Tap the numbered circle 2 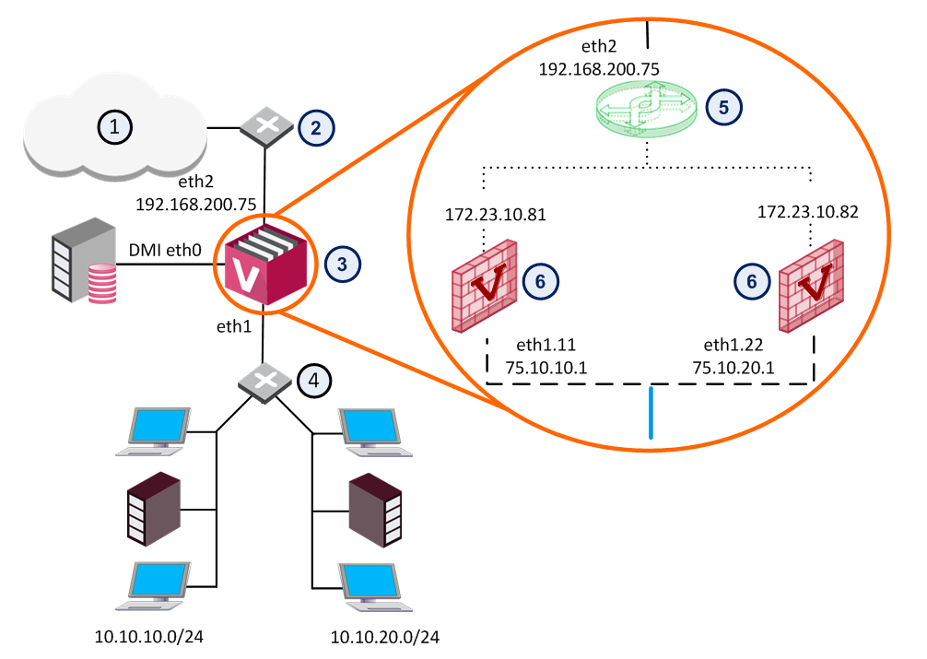pyautogui.click(x=315, y=127)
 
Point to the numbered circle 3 pyautogui.click(x=342, y=264)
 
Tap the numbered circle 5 pyautogui.click(x=723, y=106)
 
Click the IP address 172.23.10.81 pyautogui.click(x=496, y=216)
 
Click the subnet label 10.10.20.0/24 pyautogui.click(x=384, y=637)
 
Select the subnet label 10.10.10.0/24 pyautogui.click(x=149, y=636)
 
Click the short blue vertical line pyautogui.click(x=651, y=415)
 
